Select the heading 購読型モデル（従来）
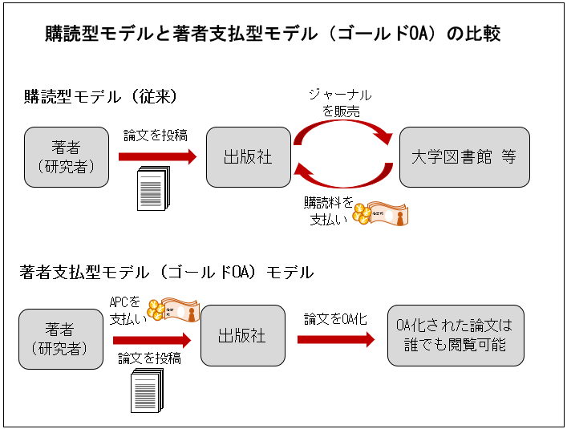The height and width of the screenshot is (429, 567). tap(101, 96)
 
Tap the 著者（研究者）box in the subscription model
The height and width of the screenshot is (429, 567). tap(67, 157)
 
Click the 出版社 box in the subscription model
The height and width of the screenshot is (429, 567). tap(248, 157)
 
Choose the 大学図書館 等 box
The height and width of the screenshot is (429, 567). tap(464, 157)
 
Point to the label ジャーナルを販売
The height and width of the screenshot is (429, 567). tap(340, 103)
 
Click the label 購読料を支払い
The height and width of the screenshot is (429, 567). tap(328, 210)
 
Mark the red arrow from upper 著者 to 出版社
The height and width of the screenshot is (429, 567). tap(156, 157)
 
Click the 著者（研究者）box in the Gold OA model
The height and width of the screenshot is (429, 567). tap(61, 338)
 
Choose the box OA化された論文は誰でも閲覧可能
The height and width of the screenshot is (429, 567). tap(455, 337)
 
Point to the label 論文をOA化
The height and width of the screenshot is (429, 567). tap(335, 319)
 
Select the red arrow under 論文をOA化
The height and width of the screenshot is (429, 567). tap(335, 339)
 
